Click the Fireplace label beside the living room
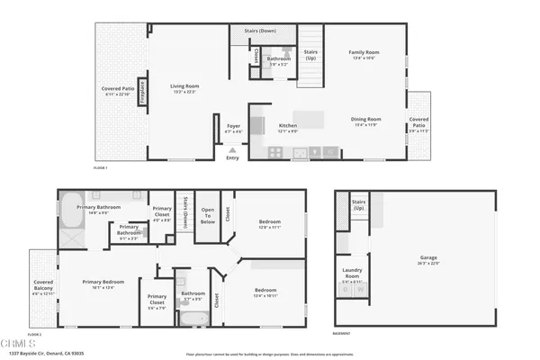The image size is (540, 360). tap(141, 94)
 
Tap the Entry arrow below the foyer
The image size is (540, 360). tap(233, 150)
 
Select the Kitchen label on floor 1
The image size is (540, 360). tap(287, 125)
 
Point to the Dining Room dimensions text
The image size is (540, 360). tap(366, 124)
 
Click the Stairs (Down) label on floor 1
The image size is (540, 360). tap(259, 31)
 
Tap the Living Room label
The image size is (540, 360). tap(184, 86)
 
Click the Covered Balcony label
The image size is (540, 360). tap(44, 286)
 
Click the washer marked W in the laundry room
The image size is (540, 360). tap(361, 291)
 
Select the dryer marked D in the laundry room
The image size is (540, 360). tap(348, 291)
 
